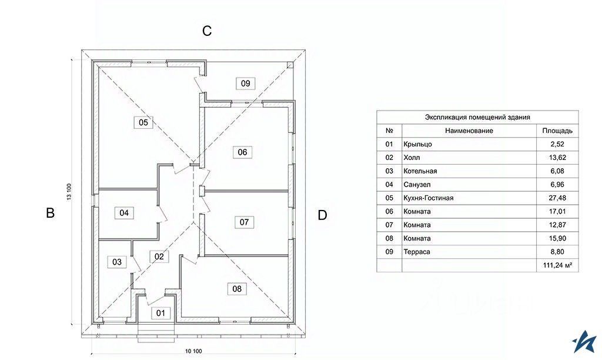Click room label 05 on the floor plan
[143, 122]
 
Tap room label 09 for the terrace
[245, 84]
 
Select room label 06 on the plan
[242, 152]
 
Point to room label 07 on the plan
[244, 222]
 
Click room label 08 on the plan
[237, 289]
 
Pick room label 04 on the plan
[124, 213]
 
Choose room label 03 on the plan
[117, 262]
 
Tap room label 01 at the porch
[160, 313]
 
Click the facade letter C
[207, 31]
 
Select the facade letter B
[51, 213]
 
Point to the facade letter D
[322, 215]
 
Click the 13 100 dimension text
[69, 192]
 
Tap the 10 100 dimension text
[193, 351]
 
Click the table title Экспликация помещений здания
[477, 117]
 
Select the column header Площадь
[557, 131]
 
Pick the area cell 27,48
[558, 198]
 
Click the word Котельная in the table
[420, 171]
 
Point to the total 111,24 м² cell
[558, 265]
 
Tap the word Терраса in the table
[417, 252]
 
